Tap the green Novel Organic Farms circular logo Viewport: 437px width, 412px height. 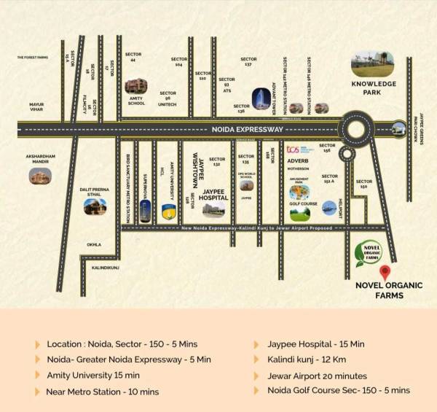tap(368, 252)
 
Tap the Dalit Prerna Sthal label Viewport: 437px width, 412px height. tap(94, 191)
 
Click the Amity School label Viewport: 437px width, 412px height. tap(136, 101)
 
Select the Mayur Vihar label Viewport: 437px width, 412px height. tap(36, 106)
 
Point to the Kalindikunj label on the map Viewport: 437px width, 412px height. tap(106, 268)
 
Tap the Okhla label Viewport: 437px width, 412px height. tap(94, 244)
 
